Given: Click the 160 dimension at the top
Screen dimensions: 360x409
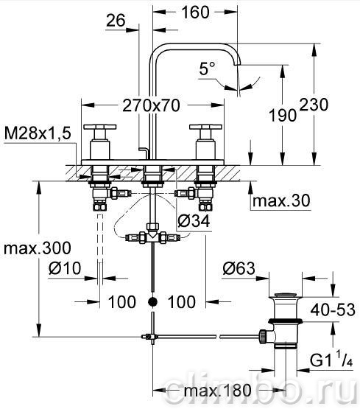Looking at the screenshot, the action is click(x=195, y=13).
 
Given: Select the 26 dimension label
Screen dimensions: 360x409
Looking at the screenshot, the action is click(x=116, y=20).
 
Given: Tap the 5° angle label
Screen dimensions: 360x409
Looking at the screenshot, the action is click(x=208, y=69).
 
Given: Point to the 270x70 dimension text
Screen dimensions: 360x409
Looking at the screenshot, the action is click(x=151, y=105).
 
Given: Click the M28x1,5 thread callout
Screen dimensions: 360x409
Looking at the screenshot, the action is click(x=38, y=133).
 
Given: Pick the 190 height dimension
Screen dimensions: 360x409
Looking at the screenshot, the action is click(x=283, y=115).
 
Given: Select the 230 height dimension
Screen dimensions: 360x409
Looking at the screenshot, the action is click(x=314, y=105).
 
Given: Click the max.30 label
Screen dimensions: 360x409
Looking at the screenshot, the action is click(x=281, y=200).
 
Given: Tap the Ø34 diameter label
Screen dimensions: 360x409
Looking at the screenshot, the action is click(x=194, y=222).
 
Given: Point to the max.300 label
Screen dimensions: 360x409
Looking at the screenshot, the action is click(x=38, y=248).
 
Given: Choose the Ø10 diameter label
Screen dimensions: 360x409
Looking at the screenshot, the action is click(x=65, y=268).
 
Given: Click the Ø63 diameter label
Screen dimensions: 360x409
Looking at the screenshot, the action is click(x=239, y=268).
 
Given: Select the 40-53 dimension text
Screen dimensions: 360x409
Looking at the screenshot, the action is click(x=333, y=310).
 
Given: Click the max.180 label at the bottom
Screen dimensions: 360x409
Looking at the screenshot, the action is click(x=217, y=391).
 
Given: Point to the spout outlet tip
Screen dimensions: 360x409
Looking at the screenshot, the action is click(x=238, y=64).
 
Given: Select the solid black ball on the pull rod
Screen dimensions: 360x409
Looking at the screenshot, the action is click(x=153, y=302).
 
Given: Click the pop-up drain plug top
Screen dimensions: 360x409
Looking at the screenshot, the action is click(x=285, y=296).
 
